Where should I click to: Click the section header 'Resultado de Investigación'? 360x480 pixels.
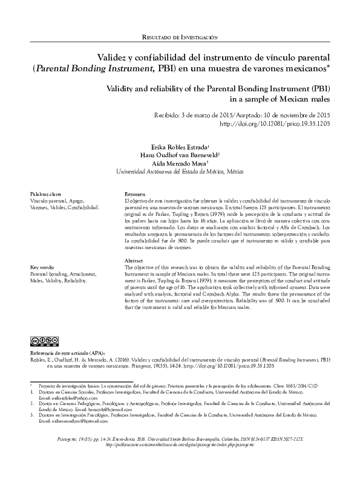coord(179,37)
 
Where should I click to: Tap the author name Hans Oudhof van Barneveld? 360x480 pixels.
coord(180,155)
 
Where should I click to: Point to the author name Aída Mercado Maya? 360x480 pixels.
coord(181,163)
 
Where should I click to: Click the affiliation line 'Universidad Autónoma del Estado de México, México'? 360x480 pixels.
coord(180,172)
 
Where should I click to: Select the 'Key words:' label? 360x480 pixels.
coord(42,267)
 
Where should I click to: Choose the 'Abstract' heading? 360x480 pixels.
coord(134,260)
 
